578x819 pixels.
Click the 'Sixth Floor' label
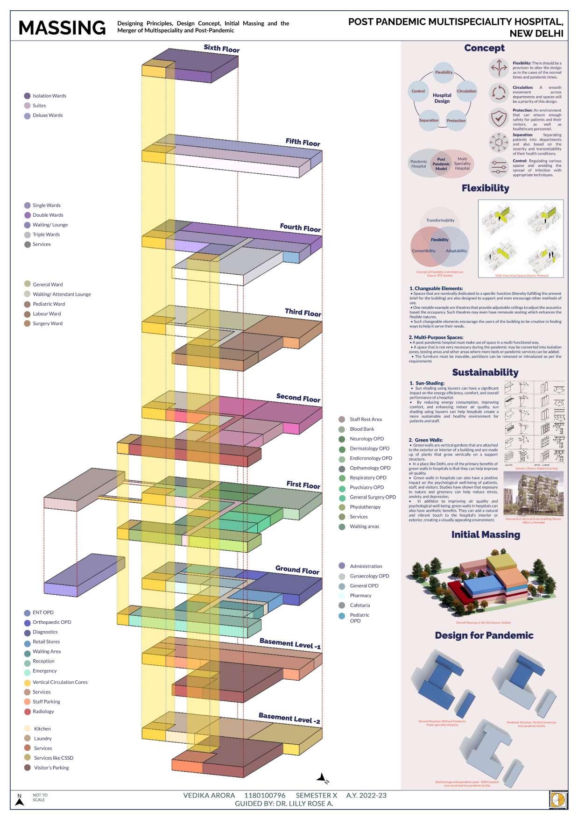pos(221,49)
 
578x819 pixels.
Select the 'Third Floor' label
pos(303,312)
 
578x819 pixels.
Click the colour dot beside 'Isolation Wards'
pos(27,96)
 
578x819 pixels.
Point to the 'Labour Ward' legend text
pos(47,314)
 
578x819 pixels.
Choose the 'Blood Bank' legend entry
pos(362,429)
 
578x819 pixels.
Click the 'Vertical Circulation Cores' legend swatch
pos(28,683)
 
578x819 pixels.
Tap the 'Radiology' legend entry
pos(43,712)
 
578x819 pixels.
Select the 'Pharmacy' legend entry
pos(360,596)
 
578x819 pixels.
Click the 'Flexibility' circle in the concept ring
pos(444,72)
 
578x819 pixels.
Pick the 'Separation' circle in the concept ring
pos(429,120)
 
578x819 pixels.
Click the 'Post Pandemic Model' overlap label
pos(441,164)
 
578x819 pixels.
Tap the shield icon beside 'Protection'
pos(499,118)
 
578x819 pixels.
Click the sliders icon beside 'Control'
pos(499,167)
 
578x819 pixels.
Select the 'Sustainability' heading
pos(485,372)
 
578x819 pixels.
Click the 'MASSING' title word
pos(62,28)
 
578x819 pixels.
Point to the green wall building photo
pos(533,493)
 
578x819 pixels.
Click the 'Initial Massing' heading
pos(486,534)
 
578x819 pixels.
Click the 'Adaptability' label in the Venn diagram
pos(456,251)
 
